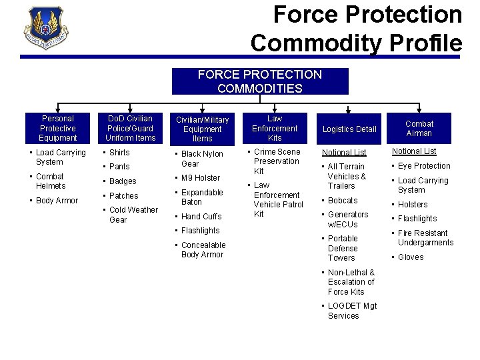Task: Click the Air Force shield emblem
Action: click(x=45, y=29)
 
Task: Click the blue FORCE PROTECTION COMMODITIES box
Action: click(x=260, y=81)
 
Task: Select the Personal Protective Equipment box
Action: click(x=58, y=129)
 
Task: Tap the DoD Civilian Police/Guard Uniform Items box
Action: click(x=130, y=129)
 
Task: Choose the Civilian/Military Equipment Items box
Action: click(x=202, y=129)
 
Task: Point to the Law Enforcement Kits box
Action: click(x=275, y=129)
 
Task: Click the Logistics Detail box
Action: click(x=349, y=129)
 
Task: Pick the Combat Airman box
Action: click(x=419, y=129)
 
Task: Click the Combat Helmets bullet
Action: click(x=51, y=181)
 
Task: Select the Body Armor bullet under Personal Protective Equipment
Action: click(x=57, y=201)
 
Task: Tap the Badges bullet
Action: click(x=123, y=181)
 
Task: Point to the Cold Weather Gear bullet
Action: click(x=133, y=215)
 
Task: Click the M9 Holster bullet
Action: click(x=201, y=178)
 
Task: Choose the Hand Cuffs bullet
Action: click(x=201, y=217)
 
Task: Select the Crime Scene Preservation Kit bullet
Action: click(x=276, y=161)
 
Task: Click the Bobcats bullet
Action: click(x=342, y=201)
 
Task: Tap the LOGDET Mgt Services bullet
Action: click(x=352, y=311)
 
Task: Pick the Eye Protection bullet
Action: click(x=424, y=166)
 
